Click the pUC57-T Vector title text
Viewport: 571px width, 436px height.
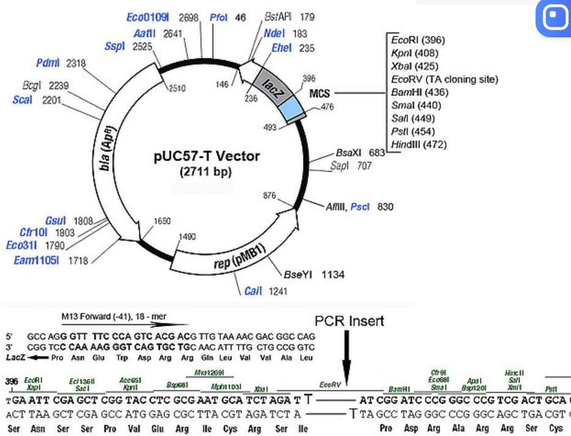207,157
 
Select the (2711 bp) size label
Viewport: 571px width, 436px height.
207,172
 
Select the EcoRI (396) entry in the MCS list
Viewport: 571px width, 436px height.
418,40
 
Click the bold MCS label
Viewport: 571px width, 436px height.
320,93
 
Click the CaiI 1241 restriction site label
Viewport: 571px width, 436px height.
262,291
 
